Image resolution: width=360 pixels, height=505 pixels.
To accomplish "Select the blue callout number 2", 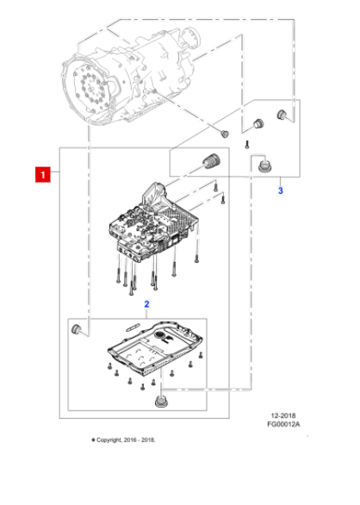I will [146, 304].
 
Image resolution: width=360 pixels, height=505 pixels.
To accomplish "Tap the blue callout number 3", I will [280, 190].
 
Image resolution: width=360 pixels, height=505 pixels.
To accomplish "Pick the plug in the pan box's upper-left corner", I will [78, 329].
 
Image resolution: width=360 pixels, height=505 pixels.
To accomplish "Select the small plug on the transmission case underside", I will [225, 133].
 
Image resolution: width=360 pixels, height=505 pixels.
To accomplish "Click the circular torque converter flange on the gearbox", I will [94, 89].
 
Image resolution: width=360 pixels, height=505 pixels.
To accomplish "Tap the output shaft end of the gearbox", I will [193, 34].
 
